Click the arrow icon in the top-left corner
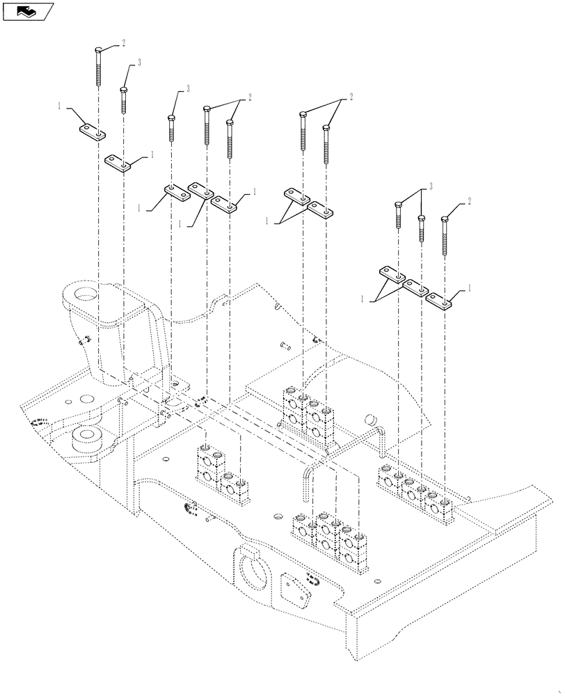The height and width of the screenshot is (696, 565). (29, 10)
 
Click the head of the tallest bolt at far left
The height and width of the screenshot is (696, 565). (99, 49)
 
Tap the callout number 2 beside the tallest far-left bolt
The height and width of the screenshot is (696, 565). (123, 43)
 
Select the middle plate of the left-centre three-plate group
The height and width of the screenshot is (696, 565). (201, 190)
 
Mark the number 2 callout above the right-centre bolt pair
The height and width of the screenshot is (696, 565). (351, 97)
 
